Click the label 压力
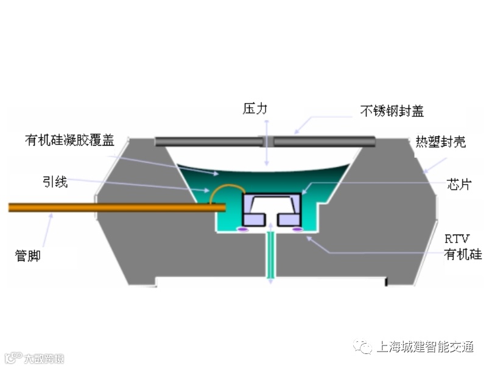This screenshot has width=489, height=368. pyautogui.click(x=255, y=110)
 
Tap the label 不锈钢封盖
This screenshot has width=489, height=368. pyautogui.click(x=392, y=111)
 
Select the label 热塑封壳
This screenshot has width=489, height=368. pyautogui.click(x=440, y=142)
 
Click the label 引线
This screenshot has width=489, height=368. pyautogui.click(x=55, y=182)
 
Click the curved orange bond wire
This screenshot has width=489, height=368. pyautogui.click(x=223, y=188)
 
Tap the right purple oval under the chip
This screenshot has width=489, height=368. pyautogui.click(x=298, y=229)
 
